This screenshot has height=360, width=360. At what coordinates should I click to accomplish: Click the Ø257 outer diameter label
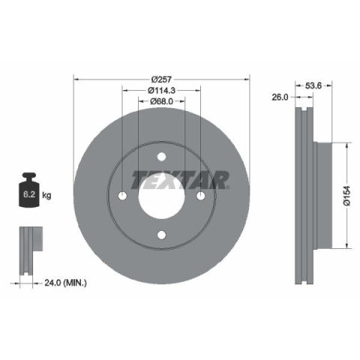click(x=161, y=79)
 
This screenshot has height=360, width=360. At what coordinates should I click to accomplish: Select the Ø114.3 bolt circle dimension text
click(x=161, y=90)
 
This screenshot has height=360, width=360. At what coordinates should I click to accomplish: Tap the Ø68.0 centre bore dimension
click(x=161, y=101)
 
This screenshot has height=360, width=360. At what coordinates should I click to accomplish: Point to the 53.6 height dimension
click(x=313, y=85)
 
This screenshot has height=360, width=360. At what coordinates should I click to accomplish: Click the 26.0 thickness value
click(x=280, y=97)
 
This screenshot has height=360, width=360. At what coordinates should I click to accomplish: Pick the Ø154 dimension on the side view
click(x=346, y=196)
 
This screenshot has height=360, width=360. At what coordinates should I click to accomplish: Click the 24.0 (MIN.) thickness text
click(x=65, y=283)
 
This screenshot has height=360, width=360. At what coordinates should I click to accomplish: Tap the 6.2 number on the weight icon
click(x=29, y=194)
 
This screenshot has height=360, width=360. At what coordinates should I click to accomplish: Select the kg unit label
click(x=46, y=195)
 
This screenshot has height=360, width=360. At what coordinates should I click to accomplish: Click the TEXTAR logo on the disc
click(x=180, y=180)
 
